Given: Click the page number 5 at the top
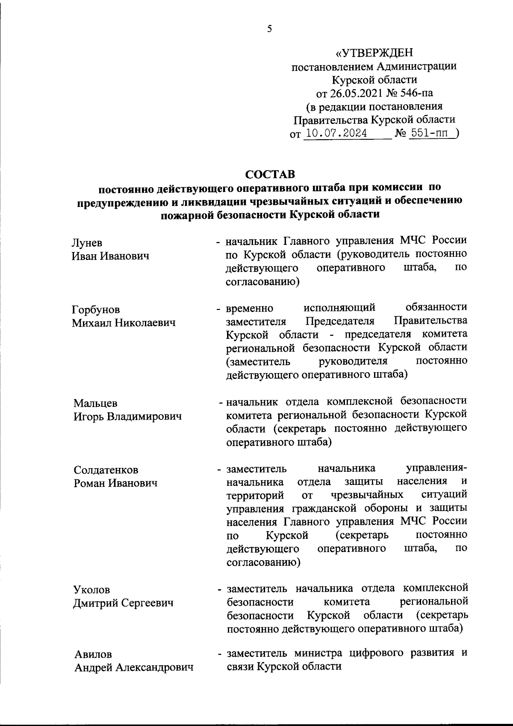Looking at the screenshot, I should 269,29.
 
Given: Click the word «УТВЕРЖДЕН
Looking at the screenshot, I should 374,53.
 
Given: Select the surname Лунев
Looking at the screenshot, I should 87,243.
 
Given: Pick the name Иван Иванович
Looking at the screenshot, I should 110,256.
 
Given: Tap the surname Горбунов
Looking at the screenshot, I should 96,309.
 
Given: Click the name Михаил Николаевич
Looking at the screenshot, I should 124,323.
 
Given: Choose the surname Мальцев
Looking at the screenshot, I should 95,403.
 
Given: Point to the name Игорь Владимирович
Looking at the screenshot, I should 127,416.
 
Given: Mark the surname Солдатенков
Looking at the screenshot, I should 106,470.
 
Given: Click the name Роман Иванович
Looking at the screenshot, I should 115,483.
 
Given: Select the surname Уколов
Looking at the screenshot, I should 92,590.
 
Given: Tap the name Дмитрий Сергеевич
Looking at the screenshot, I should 124,603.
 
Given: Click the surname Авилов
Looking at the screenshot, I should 93,654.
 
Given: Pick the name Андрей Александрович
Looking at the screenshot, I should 134,667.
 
